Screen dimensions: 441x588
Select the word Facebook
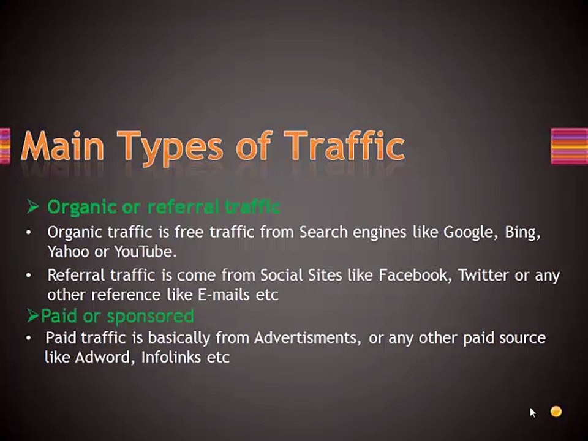coord(413,276)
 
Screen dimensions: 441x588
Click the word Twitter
coord(484,276)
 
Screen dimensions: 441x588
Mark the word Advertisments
coord(307,338)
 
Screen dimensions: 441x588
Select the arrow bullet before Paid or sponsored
coord(33,317)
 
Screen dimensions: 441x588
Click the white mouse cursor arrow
coord(533,413)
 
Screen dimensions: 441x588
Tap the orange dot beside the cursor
coord(556,412)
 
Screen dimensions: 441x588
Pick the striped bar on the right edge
coord(569,146)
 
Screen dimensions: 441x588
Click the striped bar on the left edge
coord(5,146)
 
